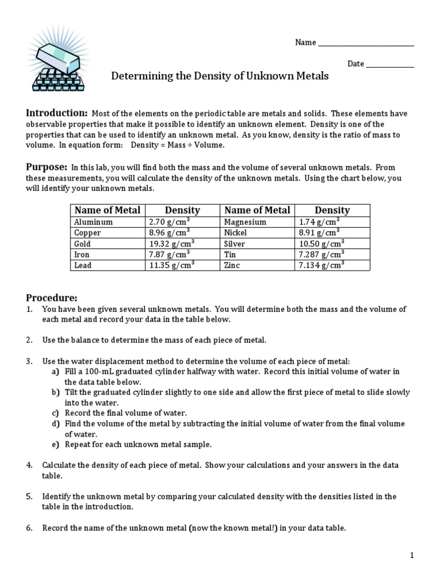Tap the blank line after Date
click(x=390, y=64)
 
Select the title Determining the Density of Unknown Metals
click(x=219, y=76)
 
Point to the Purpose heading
click(x=47, y=167)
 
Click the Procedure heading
click(x=52, y=298)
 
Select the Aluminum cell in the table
click(x=94, y=222)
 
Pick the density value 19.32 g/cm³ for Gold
click(x=172, y=244)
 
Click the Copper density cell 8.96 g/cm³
click(x=170, y=233)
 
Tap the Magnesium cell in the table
click(x=245, y=222)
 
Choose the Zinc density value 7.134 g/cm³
click(x=321, y=265)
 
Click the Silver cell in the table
click(x=235, y=244)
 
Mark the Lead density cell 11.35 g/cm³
click(x=172, y=265)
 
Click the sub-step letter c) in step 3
click(x=56, y=413)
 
